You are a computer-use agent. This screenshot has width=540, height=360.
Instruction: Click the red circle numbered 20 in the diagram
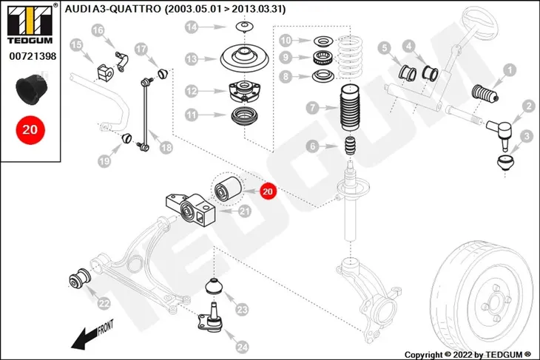pyautogui.click(x=268, y=191)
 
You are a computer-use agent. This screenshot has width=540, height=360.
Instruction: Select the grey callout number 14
pyautogui.click(x=192, y=27)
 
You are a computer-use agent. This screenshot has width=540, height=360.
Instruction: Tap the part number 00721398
pyautogui.click(x=33, y=56)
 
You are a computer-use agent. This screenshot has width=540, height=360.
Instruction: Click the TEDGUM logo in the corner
pyautogui.click(x=30, y=24)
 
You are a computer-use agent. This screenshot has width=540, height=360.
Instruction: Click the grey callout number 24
pyautogui.click(x=242, y=347)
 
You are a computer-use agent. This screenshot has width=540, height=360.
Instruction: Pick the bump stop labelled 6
pyautogui.click(x=350, y=146)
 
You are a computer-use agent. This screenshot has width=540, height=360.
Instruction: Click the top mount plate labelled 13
pyautogui.click(x=244, y=58)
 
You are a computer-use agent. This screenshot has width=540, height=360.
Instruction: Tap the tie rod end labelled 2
pyautogui.click(x=500, y=133)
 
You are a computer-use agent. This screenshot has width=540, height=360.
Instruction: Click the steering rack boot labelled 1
pyautogui.click(x=485, y=94)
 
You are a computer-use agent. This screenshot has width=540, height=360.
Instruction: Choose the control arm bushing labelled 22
pyautogui.click(x=80, y=278)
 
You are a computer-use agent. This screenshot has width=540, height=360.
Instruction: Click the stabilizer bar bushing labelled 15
pyautogui.click(x=104, y=72)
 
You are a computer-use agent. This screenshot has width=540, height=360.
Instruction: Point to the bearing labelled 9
pyautogui.click(x=323, y=57)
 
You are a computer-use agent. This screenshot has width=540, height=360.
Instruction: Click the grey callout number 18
pyautogui.click(x=166, y=147)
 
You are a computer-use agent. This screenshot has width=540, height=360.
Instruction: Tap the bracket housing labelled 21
pyautogui.click(x=190, y=211)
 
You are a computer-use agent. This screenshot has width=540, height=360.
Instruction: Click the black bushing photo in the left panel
pyautogui.click(x=31, y=89)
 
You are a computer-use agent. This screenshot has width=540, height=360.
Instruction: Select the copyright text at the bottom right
pyautogui.click(x=468, y=355)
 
